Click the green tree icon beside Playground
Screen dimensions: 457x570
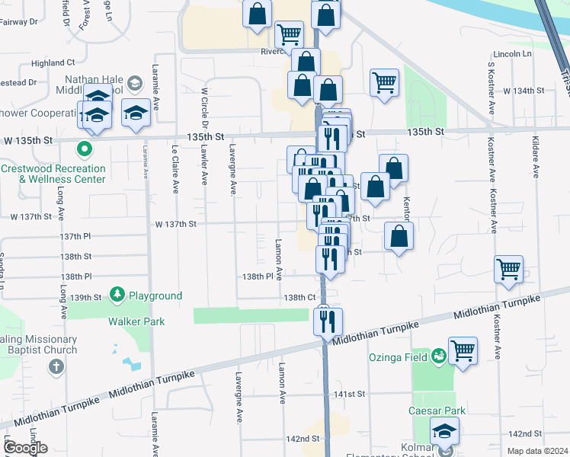117,294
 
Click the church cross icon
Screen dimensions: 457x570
56,367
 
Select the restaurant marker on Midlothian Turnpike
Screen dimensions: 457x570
328,321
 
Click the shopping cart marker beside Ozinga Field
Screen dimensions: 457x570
463,352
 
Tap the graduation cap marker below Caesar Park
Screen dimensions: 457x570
444,431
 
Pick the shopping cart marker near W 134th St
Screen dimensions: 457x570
385,82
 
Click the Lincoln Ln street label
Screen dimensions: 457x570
512,54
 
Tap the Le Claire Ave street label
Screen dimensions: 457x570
175,165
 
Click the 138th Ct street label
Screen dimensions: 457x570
299,297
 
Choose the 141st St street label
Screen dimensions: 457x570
351,394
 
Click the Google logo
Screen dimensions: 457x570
25,448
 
